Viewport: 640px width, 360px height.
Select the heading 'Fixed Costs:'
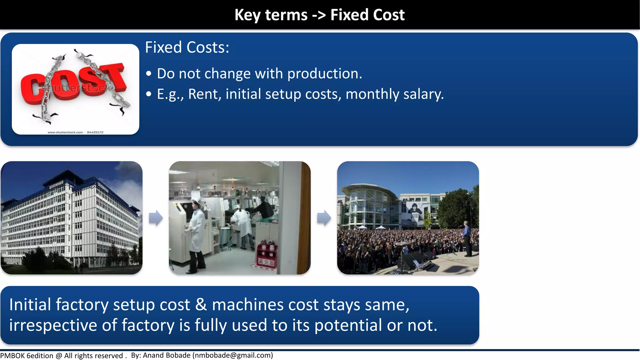pyautogui.click(x=187, y=47)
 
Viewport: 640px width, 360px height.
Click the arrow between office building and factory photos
pyautogui.click(x=156, y=218)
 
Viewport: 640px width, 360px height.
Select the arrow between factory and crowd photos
pyautogui.click(x=324, y=218)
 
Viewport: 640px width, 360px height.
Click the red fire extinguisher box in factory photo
pyautogui.click(x=266, y=255)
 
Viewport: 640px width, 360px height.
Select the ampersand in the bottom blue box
pyautogui.click(x=201, y=305)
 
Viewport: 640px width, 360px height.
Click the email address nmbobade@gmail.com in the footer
pyautogui.click(x=233, y=355)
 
